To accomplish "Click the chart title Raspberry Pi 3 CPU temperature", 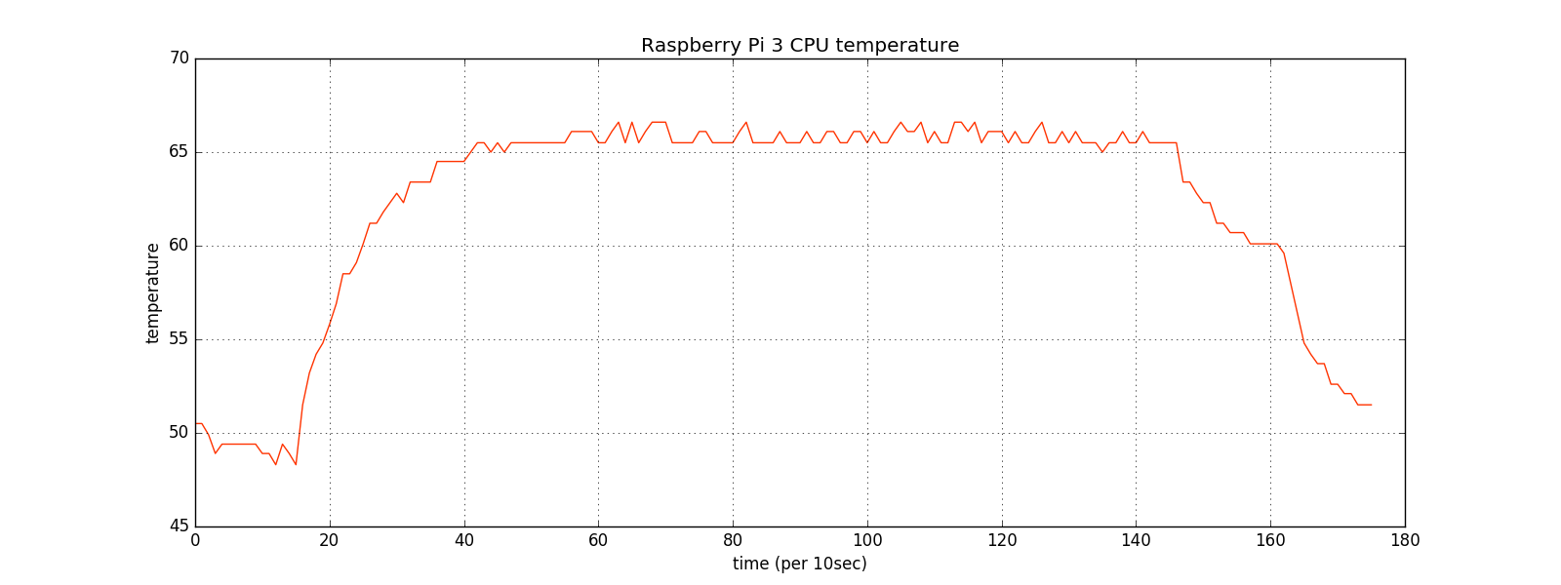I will click(x=799, y=46).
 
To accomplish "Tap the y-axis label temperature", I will click(x=153, y=292).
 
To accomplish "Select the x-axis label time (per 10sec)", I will click(x=799, y=564).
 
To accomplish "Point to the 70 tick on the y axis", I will click(x=179, y=58).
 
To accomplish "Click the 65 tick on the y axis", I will click(x=179, y=152).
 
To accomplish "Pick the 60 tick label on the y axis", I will click(x=179, y=246).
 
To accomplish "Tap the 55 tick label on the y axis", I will click(x=179, y=339).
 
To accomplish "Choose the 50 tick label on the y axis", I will click(x=179, y=433).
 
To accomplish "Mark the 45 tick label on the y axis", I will click(x=179, y=526).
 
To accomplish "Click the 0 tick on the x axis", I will click(x=195, y=539).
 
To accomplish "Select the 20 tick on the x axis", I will click(x=330, y=539).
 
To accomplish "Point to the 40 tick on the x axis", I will click(x=464, y=539).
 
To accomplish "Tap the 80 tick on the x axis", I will click(x=733, y=539).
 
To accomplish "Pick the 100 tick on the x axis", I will click(x=867, y=539).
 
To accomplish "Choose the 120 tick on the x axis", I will click(x=1002, y=539).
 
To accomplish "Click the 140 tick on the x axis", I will click(x=1136, y=539).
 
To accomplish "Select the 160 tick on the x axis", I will click(x=1270, y=539).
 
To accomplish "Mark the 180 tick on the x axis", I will click(x=1405, y=539).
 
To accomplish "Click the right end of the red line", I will click(x=1371, y=405).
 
